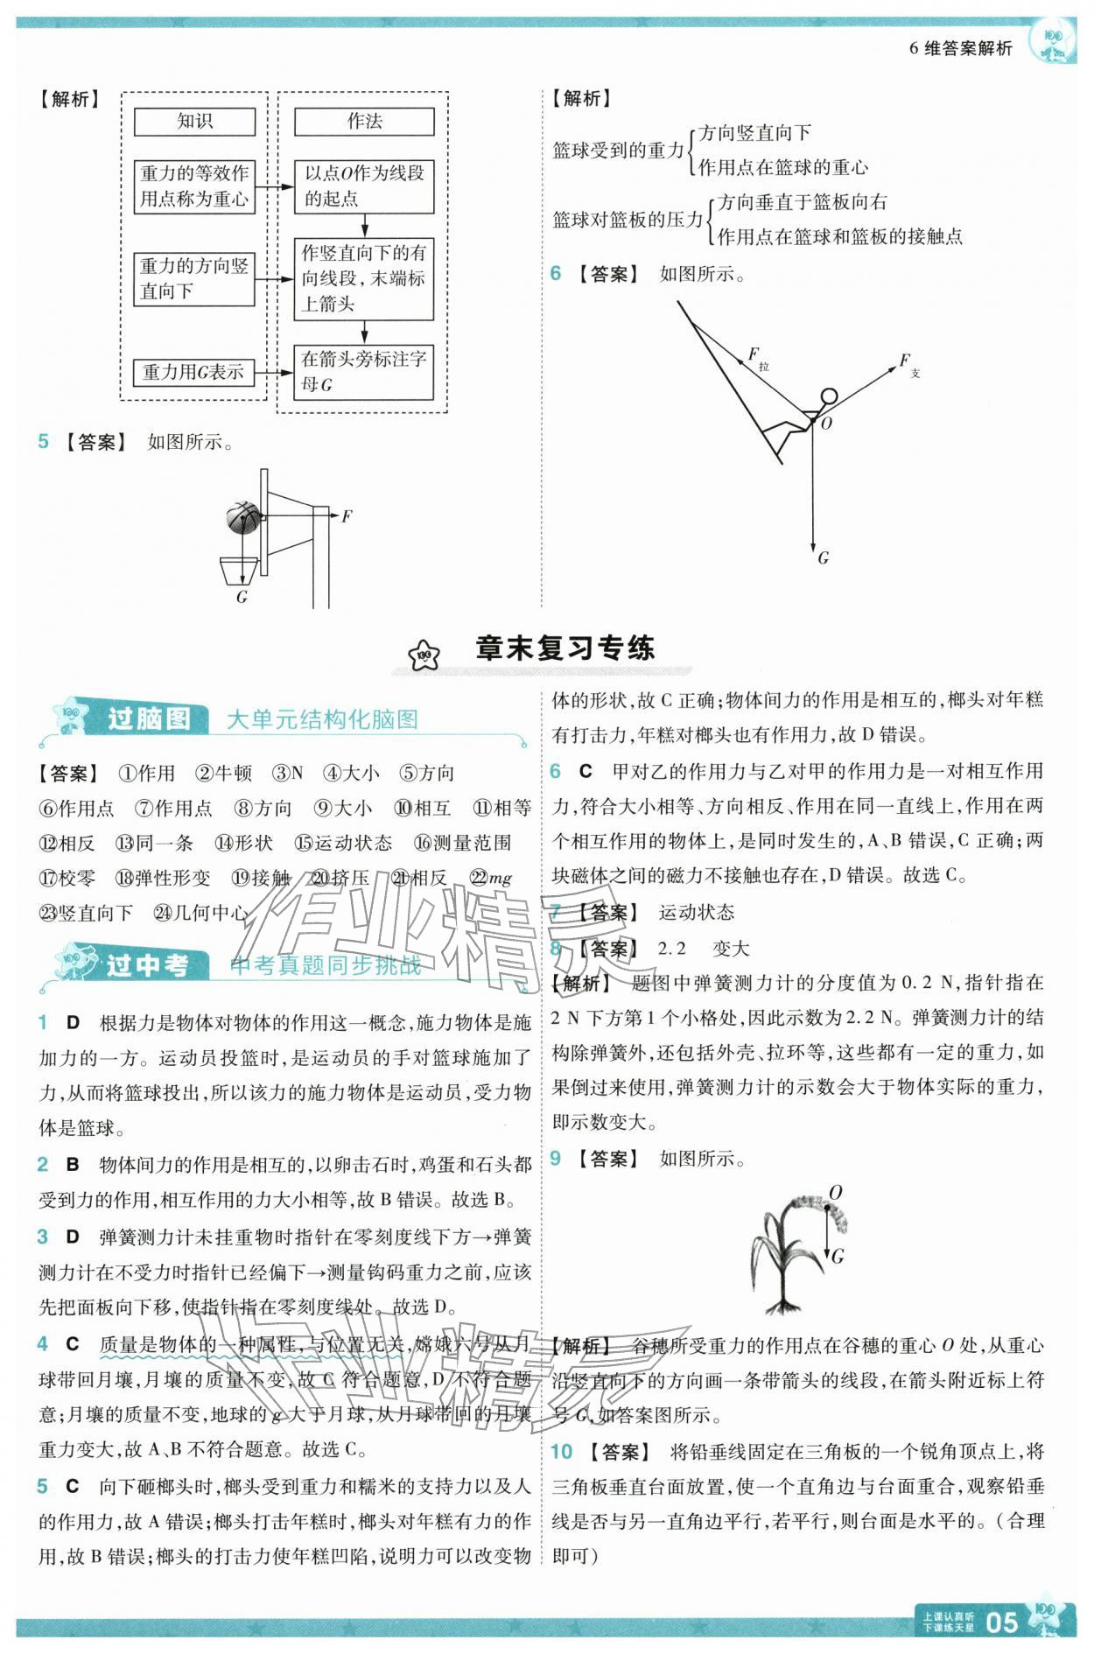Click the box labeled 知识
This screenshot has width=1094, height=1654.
[194, 122]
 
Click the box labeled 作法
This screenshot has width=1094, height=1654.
[363, 122]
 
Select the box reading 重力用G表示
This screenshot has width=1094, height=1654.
[193, 372]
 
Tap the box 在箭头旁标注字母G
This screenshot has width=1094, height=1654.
[363, 372]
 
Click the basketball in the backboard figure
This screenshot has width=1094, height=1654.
[243, 518]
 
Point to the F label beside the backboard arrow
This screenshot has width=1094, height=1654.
[347, 516]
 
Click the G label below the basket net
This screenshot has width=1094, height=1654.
[242, 597]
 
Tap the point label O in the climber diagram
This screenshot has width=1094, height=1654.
[827, 424]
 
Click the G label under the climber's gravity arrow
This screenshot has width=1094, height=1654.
[823, 557]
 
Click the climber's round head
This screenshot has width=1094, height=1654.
[828, 396]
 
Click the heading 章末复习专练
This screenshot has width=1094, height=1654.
[565, 648]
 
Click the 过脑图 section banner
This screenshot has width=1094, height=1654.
[149, 718]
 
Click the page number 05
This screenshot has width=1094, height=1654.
[1001, 1622]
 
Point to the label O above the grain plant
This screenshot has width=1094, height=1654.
[835, 1193]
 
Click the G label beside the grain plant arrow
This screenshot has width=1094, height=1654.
[837, 1257]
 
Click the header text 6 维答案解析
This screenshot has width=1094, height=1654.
[960, 49]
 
